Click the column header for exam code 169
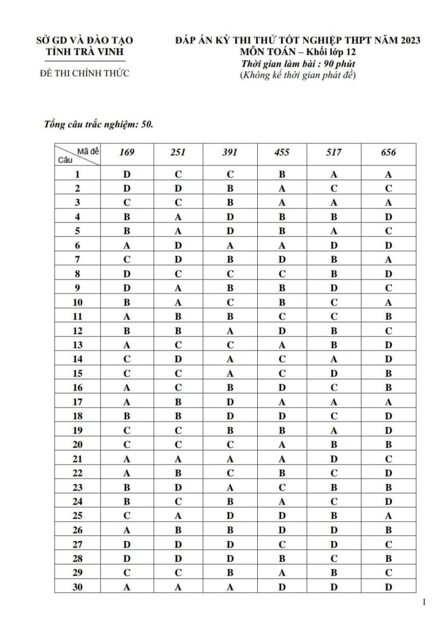[126, 153]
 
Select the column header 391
[230, 153]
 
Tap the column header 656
[388, 153]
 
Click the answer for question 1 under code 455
[282, 174]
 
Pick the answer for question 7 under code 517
[334, 259]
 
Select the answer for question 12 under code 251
[178, 331]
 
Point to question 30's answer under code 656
[388, 587]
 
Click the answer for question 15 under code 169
[126, 373]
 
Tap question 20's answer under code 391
[230, 444]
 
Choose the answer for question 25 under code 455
[282, 515]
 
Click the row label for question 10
[77, 302]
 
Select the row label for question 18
[77, 416]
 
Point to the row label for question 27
[77, 544]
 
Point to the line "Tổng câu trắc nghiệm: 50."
[99, 124]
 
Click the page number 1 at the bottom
[424, 602]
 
